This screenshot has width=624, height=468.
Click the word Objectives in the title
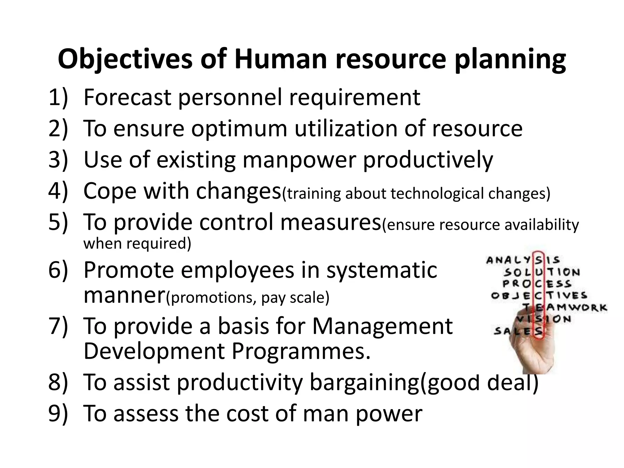(x=125, y=59)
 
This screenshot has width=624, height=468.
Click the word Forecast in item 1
(x=127, y=97)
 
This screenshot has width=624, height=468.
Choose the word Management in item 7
(x=382, y=326)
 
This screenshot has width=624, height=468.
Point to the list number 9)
(x=58, y=413)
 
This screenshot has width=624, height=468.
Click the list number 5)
(x=58, y=222)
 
